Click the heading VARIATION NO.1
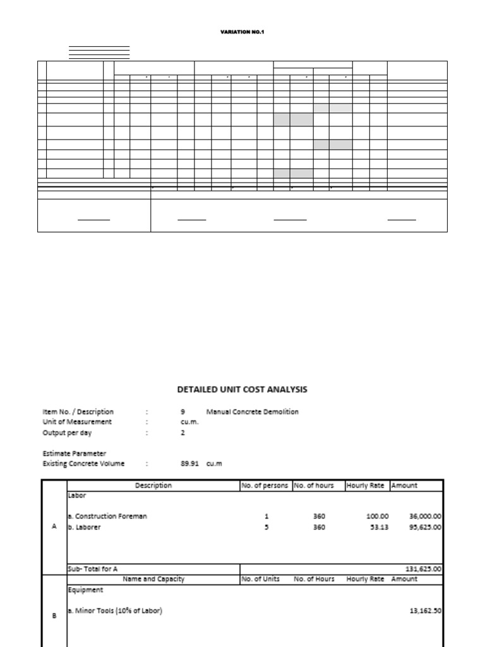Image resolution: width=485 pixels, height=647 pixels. pyautogui.click(x=242, y=32)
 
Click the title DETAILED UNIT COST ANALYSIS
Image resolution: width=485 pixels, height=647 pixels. pyautogui.click(x=242, y=390)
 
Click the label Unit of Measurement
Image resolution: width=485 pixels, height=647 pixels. pyautogui.click(x=77, y=422)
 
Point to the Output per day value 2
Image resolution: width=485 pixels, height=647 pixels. pyautogui.click(x=183, y=433)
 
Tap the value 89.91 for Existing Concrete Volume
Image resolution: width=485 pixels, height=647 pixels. pyautogui.click(x=190, y=464)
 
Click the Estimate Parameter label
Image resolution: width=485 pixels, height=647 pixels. pyautogui.click(x=75, y=454)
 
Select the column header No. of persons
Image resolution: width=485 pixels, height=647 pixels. pyautogui.click(x=265, y=486)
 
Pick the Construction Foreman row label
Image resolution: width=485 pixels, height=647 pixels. pyautogui.click(x=107, y=516)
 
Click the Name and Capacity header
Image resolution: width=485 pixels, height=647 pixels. pyautogui.click(x=153, y=579)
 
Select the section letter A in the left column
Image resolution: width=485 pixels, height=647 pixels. pyautogui.click(x=54, y=528)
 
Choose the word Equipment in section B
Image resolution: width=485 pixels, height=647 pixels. pyautogui.click(x=85, y=590)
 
